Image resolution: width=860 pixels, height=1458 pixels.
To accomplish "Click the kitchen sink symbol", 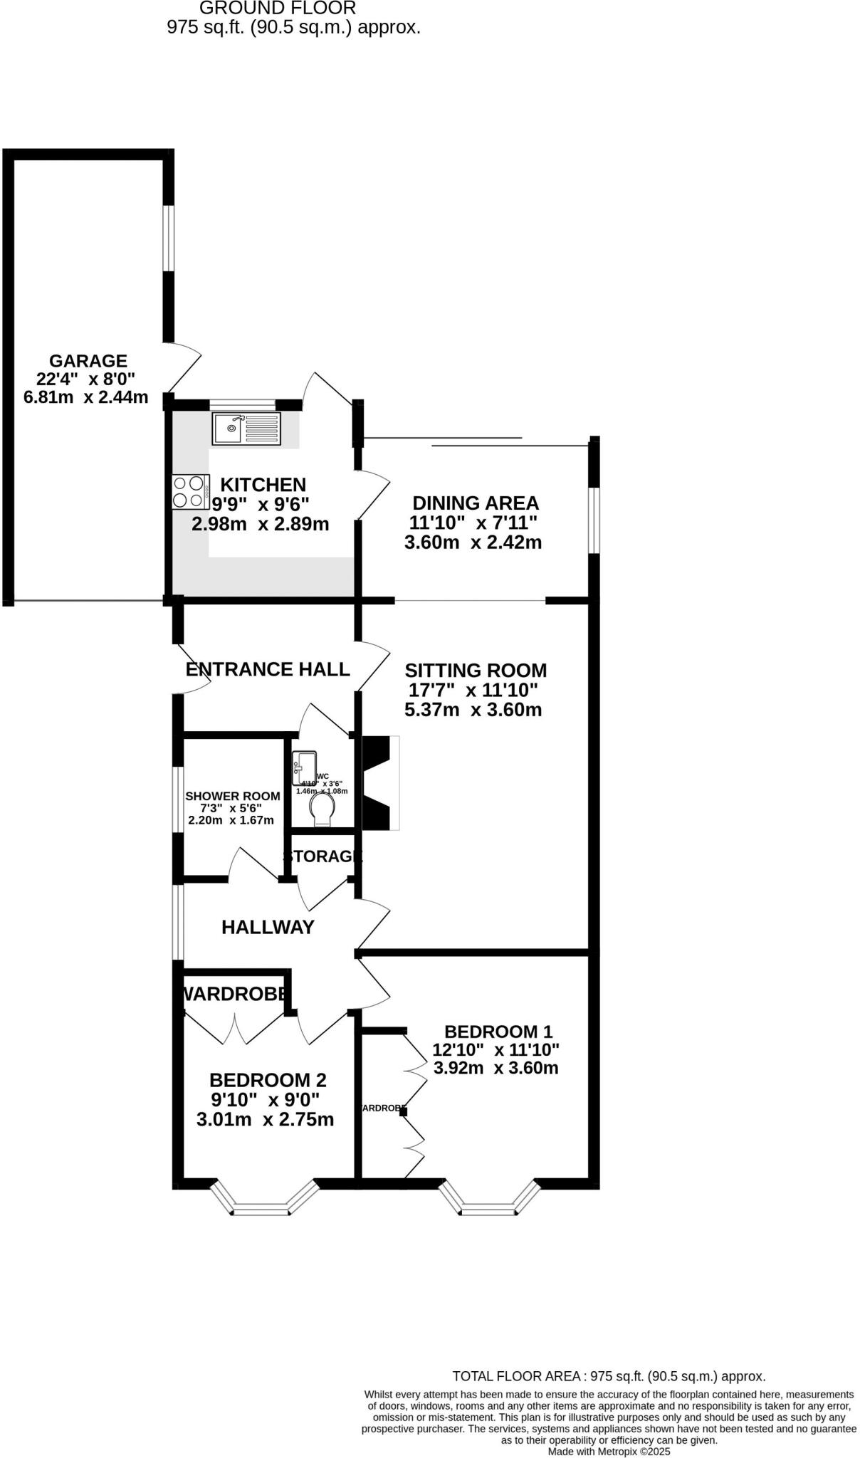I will (246, 429).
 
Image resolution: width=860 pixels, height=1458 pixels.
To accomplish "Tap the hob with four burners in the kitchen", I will (190, 492).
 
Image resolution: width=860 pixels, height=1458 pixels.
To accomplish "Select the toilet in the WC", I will (322, 810).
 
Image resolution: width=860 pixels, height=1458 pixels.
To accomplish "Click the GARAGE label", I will (88, 361).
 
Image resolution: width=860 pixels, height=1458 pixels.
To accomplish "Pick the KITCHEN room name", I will (263, 485).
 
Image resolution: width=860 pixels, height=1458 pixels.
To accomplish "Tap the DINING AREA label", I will (476, 503).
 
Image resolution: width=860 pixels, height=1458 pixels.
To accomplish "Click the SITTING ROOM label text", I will (476, 670).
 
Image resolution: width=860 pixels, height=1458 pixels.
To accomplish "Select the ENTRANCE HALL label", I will (268, 669).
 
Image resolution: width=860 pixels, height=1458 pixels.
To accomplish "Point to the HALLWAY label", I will (268, 927).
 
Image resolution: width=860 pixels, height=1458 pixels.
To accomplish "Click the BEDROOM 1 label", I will (498, 1032).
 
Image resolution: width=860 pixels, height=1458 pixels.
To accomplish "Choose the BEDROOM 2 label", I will (268, 1080).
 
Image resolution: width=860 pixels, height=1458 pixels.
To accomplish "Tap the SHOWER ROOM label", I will (232, 796).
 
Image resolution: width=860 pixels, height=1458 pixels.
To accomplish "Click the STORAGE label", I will (322, 856).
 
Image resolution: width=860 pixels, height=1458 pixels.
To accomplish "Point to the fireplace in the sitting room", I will (379, 783).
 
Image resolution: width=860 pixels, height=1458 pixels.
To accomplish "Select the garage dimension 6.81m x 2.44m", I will (86, 397).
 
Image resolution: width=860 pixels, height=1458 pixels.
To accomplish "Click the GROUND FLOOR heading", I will (278, 9).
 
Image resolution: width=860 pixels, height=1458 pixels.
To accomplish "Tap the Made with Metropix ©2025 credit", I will (609, 1451).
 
